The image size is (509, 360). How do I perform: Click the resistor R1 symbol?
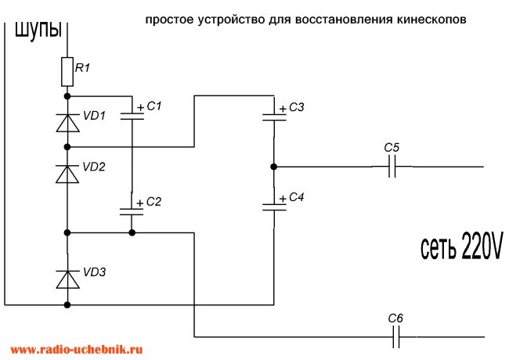coord(67,73)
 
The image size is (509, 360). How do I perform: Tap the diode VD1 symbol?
coord(67,122)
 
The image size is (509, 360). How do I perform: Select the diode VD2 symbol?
coord(67,174)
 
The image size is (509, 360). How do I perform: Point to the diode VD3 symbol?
coord(67,278)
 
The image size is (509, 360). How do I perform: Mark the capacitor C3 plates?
coord(274,117)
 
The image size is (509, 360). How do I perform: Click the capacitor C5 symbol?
coord(393,167)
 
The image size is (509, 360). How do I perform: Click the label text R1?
coord(82,68)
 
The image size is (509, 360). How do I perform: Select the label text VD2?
coord(94,167)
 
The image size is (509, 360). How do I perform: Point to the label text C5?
coord(392,147)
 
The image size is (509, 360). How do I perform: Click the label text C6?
coord(396,318)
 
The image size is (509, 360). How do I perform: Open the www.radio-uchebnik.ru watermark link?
coord(77,350)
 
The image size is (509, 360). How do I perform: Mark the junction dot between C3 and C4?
coord(274,167)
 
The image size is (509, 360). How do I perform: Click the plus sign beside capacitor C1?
coord(140,107)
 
